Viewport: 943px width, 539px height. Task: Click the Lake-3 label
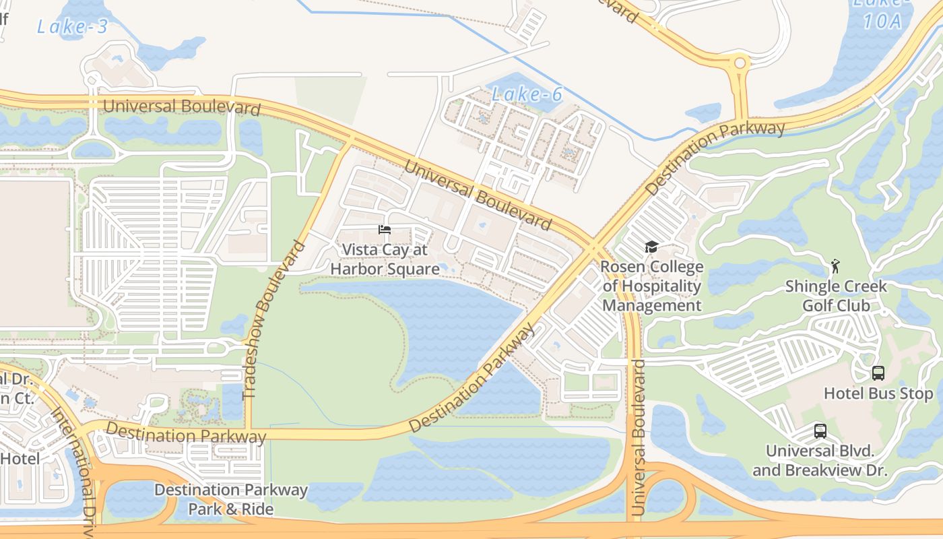[x=73, y=27]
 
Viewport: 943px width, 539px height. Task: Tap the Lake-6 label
[x=527, y=94]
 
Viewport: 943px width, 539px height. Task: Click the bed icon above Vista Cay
[x=385, y=230]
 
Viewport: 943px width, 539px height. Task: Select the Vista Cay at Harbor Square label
[x=385, y=259]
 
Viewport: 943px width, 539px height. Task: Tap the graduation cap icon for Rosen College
[x=651, y=247]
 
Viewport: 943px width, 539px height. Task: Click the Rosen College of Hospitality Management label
[x=652, y=286]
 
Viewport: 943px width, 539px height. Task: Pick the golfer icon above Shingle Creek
[x=836, y=266]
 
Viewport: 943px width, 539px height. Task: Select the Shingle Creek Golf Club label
[x=836, y=296]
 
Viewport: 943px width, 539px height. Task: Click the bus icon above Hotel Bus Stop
[x=878, y=373]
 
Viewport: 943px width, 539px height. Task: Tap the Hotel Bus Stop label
[x=878, y=393]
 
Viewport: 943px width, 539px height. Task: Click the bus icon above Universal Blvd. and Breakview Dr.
[x=820, y=431]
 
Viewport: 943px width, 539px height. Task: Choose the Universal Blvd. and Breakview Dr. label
[x=820, y=460]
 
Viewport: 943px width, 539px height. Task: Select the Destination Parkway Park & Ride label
[x=231, y=499]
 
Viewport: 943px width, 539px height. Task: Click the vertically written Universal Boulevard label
[x=638, y=438]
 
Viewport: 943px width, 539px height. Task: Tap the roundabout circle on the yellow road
[x=740, y=63]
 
